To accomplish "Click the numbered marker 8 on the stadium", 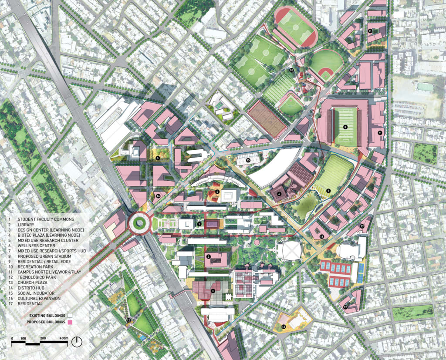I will point(345,127).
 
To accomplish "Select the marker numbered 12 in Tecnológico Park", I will point(128,321).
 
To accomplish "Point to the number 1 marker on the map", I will point(199,224).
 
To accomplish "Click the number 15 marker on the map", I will point(248,160).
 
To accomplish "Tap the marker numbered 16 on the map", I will point(322,236).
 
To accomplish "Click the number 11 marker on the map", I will point(370,31).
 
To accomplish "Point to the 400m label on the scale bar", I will point(64,338).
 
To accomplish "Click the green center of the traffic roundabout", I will point(139,223).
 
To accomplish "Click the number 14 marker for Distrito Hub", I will point(158,196).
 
